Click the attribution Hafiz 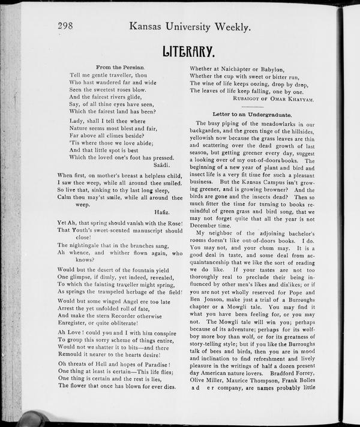pyautogui.click(x=163, y=212)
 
